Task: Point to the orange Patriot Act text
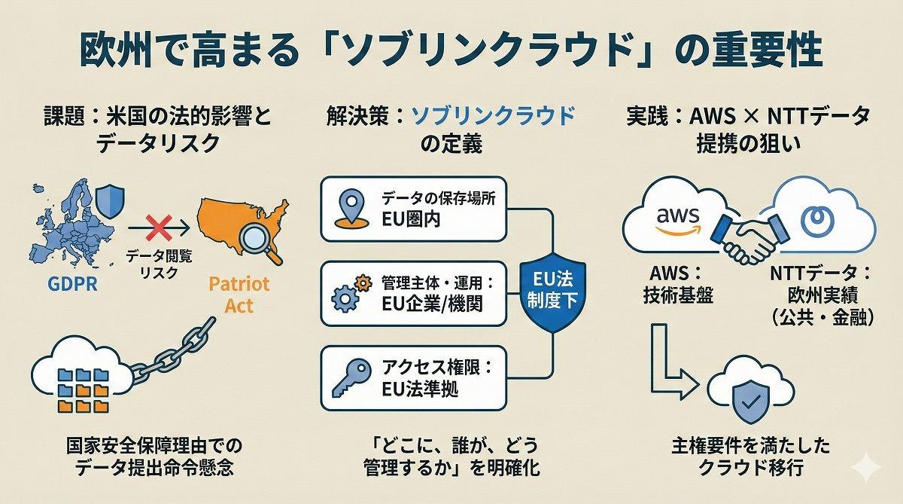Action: (238, 295)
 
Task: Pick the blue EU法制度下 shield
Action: (552, 294)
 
